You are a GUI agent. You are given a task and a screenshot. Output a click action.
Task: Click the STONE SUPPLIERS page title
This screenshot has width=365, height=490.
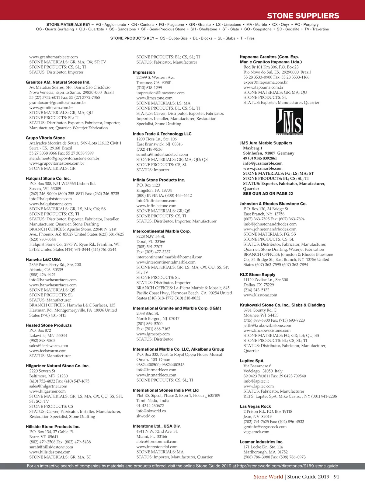pos(303,16)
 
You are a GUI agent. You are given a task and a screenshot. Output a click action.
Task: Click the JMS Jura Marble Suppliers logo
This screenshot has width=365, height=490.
pos(289,121)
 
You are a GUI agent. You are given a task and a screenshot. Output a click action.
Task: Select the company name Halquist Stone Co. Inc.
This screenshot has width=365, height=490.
pos(48,179)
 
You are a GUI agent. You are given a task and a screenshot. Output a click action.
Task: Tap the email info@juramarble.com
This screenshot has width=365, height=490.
pos(262,163)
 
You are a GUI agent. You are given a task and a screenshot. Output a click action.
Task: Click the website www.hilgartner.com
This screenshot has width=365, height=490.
pos(47,391)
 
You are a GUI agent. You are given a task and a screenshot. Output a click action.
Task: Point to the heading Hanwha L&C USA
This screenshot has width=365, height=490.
pos(43,260)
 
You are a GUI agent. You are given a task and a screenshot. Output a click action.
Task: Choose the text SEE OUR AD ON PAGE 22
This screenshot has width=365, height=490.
pos(268,194)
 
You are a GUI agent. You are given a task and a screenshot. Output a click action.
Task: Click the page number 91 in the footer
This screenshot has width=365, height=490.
pos(336,477)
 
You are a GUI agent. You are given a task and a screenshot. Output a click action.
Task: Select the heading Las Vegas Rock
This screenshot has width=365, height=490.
pos(255,407)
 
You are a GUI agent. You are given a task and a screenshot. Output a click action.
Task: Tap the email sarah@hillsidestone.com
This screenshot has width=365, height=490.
pos(51,447)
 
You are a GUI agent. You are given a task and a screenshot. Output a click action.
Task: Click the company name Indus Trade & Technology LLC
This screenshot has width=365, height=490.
pos(162,134)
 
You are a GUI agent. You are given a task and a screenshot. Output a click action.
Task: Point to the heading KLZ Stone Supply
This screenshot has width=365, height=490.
pos(257,275)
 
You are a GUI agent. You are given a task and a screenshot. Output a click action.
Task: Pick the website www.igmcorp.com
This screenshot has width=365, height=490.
pos(153,334)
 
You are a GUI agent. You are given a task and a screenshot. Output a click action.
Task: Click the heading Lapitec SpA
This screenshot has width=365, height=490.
pos(252,361)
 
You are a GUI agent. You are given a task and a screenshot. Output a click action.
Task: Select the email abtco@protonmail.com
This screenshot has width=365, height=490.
pos(157,442)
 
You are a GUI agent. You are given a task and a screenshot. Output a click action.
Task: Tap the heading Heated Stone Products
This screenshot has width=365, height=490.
pos(49,325)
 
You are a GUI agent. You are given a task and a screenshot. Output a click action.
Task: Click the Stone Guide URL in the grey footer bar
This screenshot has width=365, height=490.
pos(287,466)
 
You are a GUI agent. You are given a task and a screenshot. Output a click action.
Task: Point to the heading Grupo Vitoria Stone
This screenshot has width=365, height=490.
pos(45,138)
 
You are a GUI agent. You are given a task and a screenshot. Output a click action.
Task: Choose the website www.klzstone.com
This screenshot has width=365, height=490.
pos(260,295)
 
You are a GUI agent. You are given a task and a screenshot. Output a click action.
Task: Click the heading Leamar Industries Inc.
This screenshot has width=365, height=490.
pos(262,442)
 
